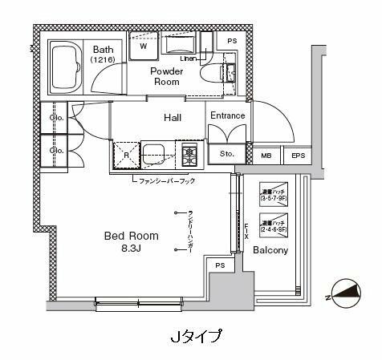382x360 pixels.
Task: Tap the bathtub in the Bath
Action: (67, 71)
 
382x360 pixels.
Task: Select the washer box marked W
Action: (144, 46)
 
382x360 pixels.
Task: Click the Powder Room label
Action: (169, 77)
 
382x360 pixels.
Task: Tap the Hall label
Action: (173, 118)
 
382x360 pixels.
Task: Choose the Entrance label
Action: (227, 116)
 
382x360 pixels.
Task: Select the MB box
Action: (266, 156)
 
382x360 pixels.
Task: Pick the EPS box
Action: (297, 156)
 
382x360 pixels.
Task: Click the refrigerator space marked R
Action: (126, 155)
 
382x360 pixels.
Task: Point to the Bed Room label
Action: (131, 236)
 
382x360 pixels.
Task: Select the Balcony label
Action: (271, 250)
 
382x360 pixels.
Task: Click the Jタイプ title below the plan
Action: (196, 335)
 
